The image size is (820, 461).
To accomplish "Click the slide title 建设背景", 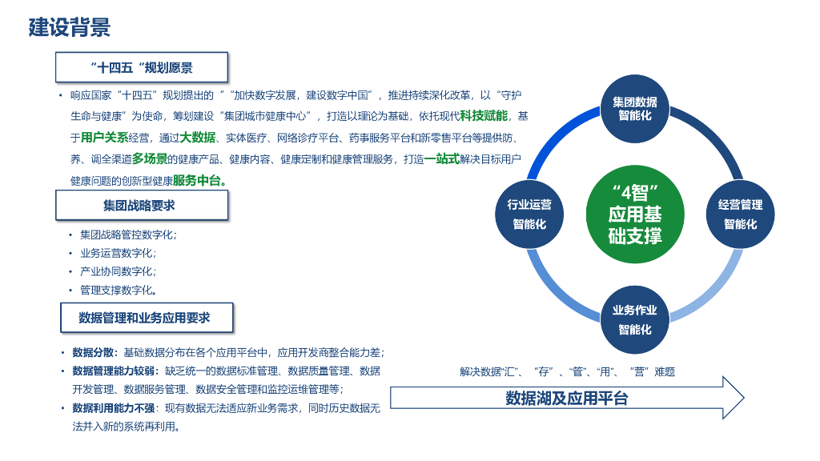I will coord(70,27).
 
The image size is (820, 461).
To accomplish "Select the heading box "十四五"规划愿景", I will coord(141,67).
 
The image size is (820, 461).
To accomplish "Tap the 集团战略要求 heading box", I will coord(142,206).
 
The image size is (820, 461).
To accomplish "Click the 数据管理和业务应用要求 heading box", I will coord(147,318).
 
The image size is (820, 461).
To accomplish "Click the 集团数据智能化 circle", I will coord(635,109).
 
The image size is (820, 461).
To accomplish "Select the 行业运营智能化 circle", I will coord(529,214).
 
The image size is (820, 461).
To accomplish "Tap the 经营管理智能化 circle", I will coord(740,214).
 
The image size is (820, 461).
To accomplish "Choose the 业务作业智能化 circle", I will coord(635,320).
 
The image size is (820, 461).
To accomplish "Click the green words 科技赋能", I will coord(484,116).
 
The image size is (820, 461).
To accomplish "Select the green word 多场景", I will coord(150,158).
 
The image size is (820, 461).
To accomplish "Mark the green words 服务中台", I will coord(197,180).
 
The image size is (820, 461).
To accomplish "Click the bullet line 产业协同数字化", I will coord(118,271).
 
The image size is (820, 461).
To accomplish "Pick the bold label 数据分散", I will coord(94,352).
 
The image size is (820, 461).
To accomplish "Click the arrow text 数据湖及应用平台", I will coord(566,398).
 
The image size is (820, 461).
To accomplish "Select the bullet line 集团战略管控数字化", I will coord(128,235).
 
